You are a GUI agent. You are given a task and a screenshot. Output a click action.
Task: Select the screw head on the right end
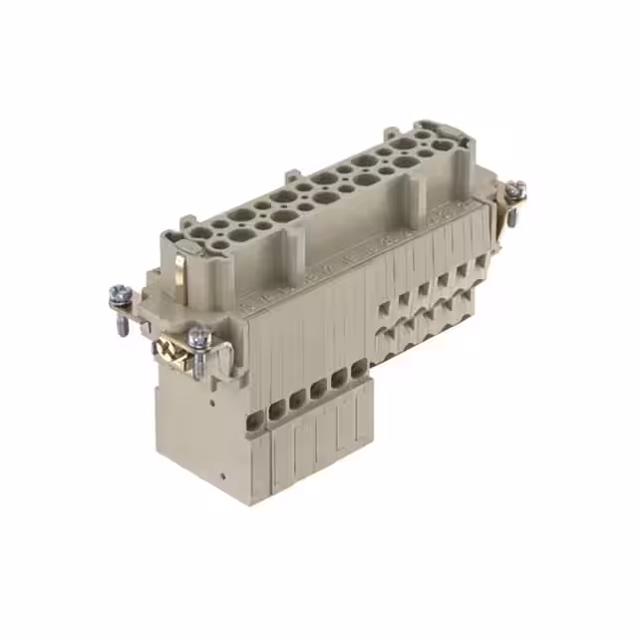click(x=514, y=189)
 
